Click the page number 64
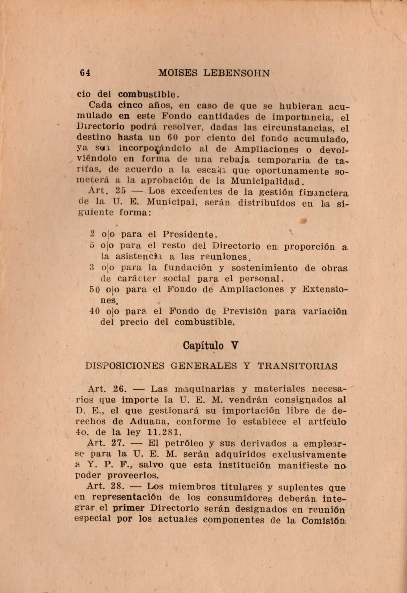[85, 73]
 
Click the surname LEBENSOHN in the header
[236, 73]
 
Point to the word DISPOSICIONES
[125, 366]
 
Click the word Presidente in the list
[190, 235]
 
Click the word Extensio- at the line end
[325, 289]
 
